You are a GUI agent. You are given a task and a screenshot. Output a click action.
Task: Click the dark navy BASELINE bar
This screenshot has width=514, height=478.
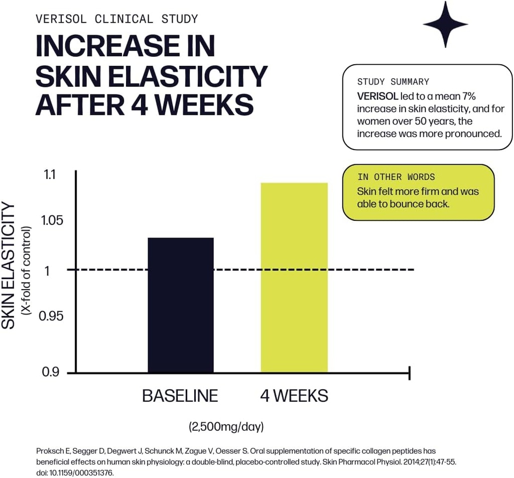(x=181, y=305)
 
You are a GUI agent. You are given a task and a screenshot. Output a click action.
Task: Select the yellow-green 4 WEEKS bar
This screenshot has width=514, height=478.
(x=294, y=277)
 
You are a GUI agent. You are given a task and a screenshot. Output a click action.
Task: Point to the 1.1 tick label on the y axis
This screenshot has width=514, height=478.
(x=50, y=175)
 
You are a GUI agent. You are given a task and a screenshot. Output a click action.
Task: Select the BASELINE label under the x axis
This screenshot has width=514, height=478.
(x=180, y=396)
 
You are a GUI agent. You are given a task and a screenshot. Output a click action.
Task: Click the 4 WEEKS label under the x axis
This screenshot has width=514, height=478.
(x=294, y=396)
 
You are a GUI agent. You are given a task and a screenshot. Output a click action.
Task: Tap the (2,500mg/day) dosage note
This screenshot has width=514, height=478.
(x=226, y=427)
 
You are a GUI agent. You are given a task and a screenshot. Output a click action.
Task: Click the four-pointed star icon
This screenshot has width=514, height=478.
(x=445, y=24)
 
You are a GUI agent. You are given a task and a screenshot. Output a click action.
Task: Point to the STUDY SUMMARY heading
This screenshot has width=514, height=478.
(x=393, y=82)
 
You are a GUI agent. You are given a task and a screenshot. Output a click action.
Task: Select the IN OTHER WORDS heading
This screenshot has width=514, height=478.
(x=396, y=177)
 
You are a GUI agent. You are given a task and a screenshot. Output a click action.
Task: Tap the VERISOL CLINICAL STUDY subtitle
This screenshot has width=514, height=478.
(x=117, y=19)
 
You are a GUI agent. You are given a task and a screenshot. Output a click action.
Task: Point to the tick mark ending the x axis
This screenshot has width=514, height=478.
(x=410, y=373)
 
